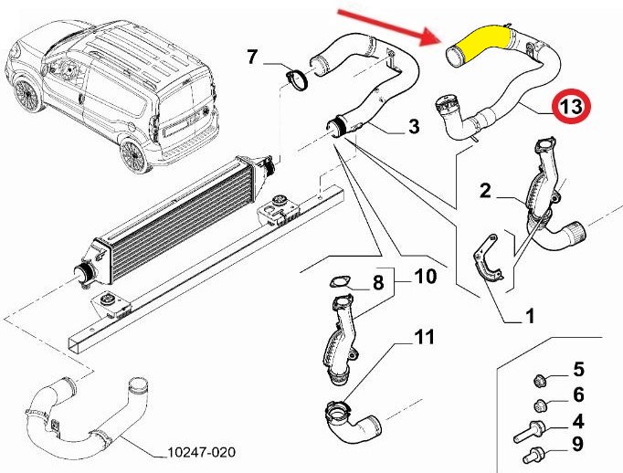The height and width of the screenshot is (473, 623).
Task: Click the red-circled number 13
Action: click(571, 107)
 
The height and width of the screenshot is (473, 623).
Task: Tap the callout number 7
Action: click(252, 57)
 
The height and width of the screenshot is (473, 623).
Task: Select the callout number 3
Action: click(414, 126)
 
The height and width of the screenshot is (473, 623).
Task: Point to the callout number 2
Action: click(486, 191)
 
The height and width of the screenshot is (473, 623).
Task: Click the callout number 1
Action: click(529, 316)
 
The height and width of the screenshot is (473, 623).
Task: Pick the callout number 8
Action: click(378, 282)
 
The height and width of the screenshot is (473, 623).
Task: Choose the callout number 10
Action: click(425, 277)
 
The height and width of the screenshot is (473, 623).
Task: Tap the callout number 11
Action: click(425, 337)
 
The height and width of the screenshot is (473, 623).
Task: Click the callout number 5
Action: click(578, 369)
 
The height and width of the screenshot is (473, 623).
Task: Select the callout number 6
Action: click(578, 394)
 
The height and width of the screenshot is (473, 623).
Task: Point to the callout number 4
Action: click(578, 421)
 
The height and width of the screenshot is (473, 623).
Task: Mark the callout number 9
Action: click(578, 444)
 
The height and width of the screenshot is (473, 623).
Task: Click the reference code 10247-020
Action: click(201, 452)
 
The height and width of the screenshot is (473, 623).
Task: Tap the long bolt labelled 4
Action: click(530, 432)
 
